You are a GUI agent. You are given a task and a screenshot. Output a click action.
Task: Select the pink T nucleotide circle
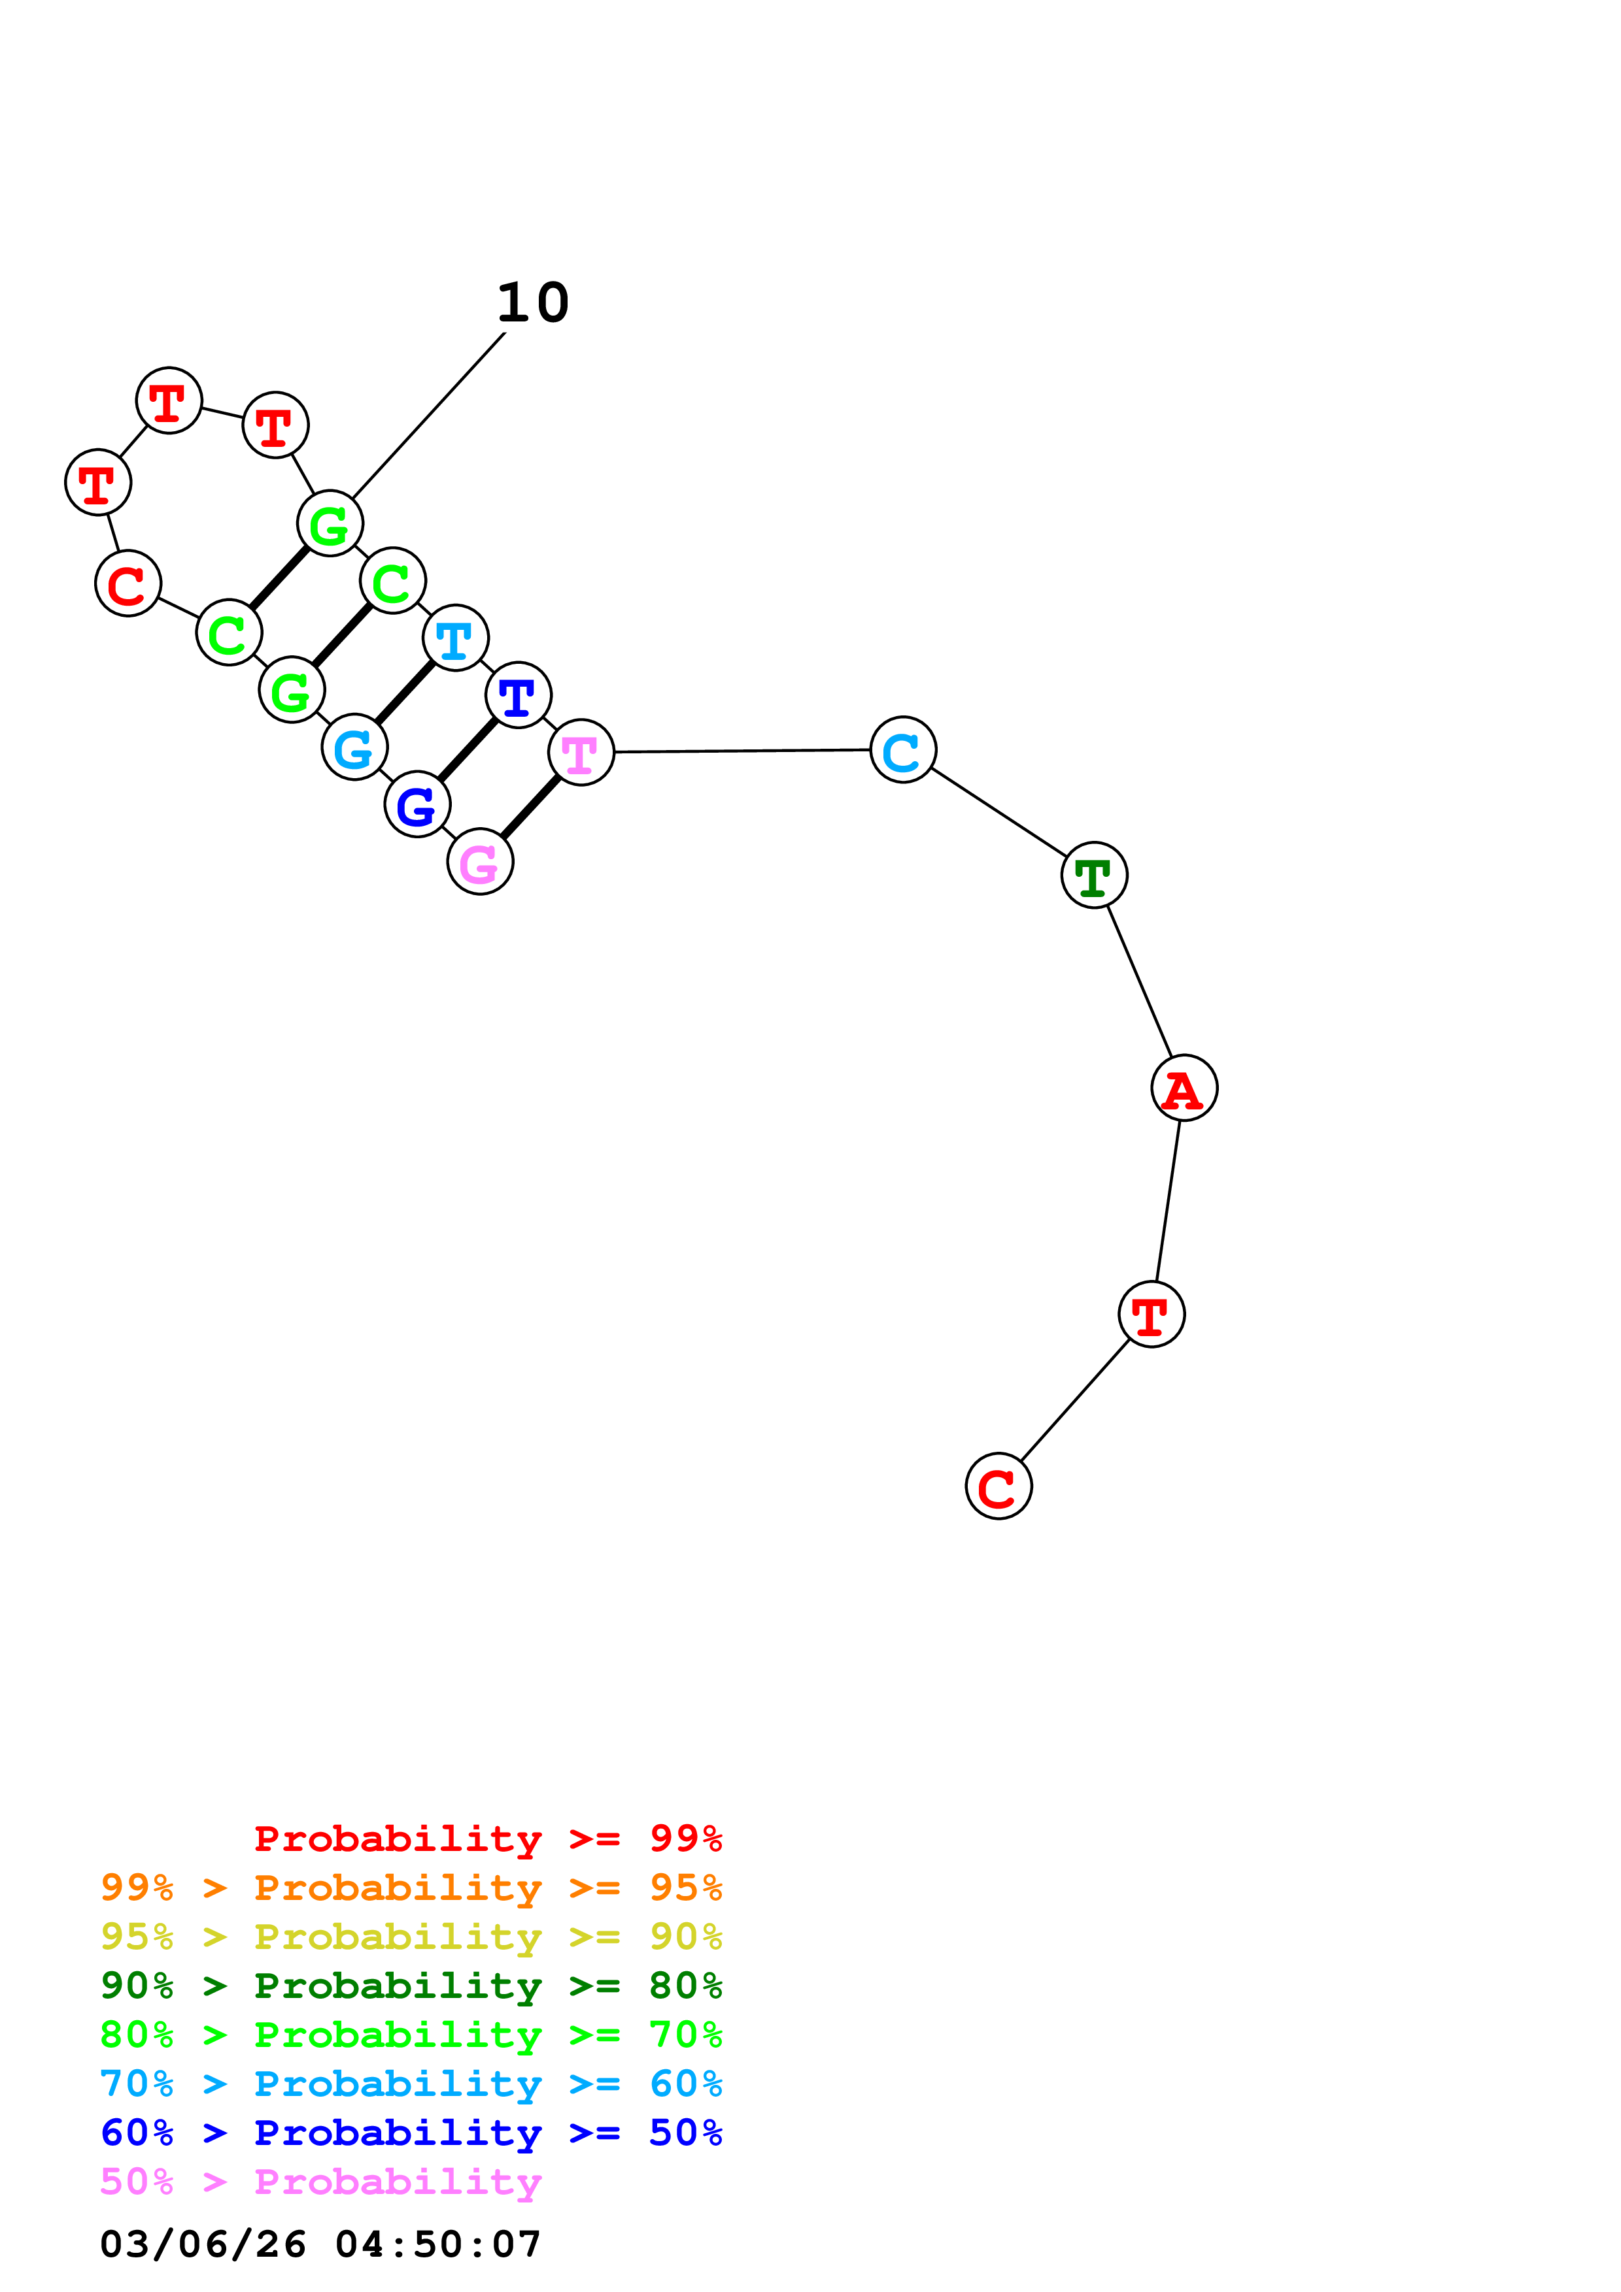tap(580, 753)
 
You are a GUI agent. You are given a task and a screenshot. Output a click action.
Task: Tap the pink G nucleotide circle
tap(481, 862)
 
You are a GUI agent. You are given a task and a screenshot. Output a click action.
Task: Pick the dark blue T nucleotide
tap(517, 696)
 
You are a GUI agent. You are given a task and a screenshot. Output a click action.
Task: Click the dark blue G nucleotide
tap(417, 804)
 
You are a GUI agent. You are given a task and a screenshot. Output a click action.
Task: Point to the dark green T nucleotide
tap(1094, 876)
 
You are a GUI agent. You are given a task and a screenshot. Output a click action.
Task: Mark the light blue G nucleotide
tap(354, 747)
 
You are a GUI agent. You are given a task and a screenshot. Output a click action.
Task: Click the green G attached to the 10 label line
tap(330, 523)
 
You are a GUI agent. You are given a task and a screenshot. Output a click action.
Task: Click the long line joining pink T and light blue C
tap(741, 751)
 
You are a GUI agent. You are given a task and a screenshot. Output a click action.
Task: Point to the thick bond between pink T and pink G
tap(530, 808)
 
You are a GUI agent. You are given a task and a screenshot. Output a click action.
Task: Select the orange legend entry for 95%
tap(411, 1887)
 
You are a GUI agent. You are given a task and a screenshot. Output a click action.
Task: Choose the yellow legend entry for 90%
tap(411, 1936)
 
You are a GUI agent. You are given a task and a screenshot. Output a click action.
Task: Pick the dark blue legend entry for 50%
tap(411, 2133)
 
